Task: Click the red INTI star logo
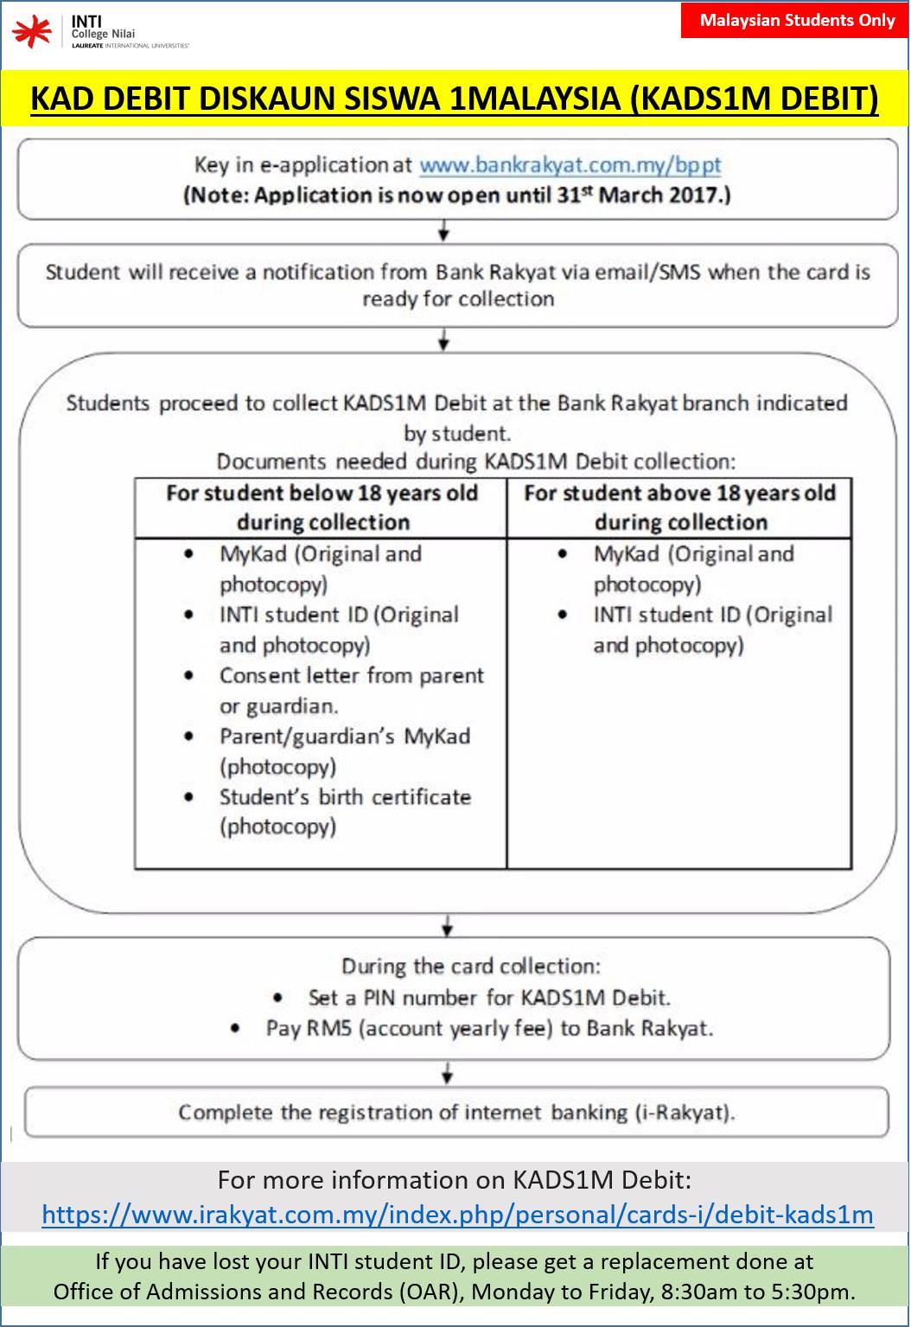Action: pos(32,31)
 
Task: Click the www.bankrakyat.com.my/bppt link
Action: pos(570,165)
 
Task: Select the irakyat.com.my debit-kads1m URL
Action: pos(457,1215)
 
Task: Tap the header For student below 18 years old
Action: pos(322,507)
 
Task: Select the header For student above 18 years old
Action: pos(680,507)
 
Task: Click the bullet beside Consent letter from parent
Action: pos(189,676)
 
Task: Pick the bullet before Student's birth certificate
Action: pos(189,797)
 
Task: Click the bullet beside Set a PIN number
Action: pos(277,998)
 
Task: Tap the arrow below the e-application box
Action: pos(443,231)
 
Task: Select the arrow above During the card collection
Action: pos(448,926)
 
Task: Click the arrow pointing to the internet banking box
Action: pos(448,1073)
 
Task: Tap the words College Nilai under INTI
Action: pos(103,35)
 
